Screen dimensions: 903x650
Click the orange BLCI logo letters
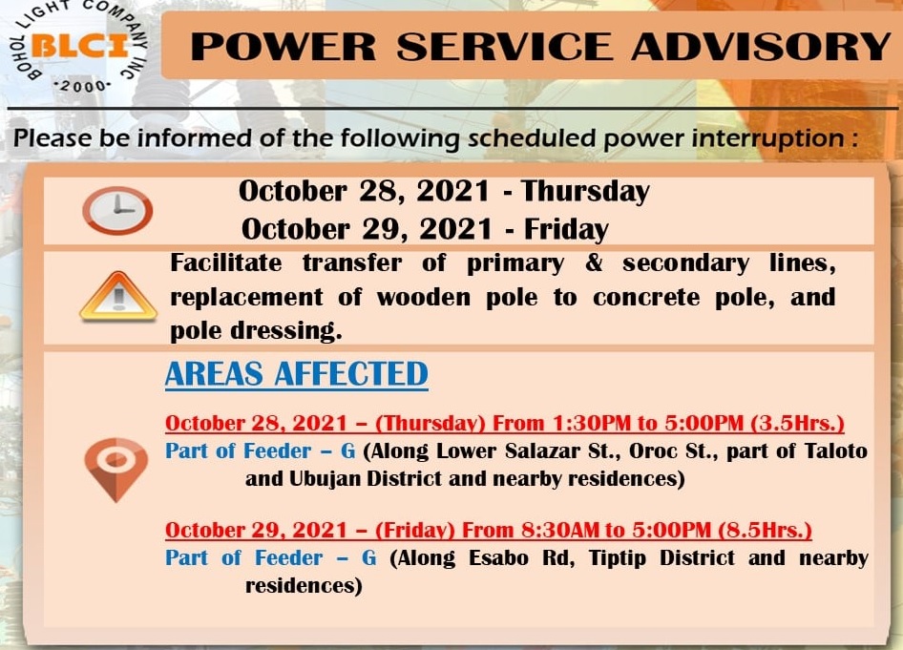[x=80, y=47]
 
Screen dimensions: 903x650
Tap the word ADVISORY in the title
[x=762, y=47]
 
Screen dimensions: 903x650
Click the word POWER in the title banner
[x=283, y=47]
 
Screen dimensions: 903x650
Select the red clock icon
[x=117, y=210]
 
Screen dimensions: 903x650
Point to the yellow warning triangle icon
[x=118, y=296]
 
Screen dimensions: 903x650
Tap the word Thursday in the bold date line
[x=585, y=192]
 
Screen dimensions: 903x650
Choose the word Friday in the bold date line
[x=565, y=229]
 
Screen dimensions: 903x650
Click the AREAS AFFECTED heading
[x=297, y=374]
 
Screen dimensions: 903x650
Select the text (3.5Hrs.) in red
[x=798, y=423]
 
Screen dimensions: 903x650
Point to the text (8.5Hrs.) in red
[x=765, y=530]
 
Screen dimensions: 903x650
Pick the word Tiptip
[x=618, y=557]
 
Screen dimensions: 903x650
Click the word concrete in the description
[x=646, y=298]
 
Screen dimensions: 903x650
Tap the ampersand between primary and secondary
[x=594, y=262]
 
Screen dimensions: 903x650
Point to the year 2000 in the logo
[x=82, y=86]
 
